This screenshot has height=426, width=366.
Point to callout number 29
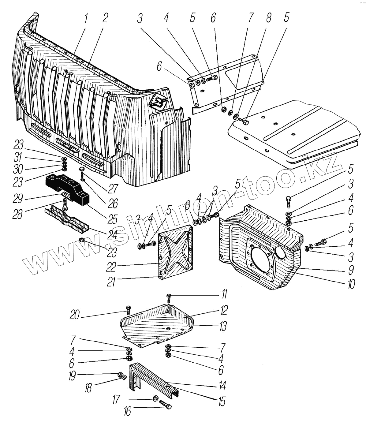click(18, 199)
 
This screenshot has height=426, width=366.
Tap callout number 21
click(111, 282)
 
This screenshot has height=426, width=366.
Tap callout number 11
click(224, 295)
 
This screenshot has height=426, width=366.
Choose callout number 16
click(127, 411)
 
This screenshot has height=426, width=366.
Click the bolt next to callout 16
click(166, 406)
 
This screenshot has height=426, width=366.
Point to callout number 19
click(72, 376)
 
